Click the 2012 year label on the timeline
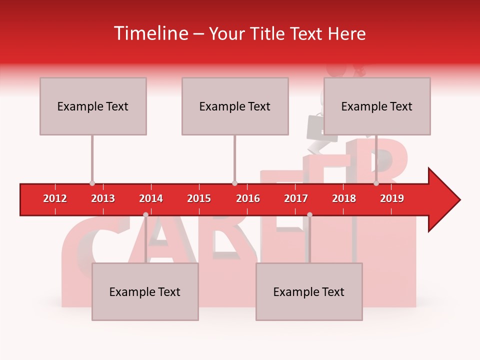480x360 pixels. pos(55,198)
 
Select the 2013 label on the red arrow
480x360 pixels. pos(103,198)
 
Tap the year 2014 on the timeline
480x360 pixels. pos(151,198)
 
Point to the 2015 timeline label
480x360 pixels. pos(199,198)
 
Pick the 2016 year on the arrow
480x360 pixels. pos(248,198)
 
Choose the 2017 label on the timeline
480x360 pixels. pos(296,198)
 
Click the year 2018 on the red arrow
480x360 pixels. pos(344,198)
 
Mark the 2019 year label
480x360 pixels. pos(392,198)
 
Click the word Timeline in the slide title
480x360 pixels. pos(150,33)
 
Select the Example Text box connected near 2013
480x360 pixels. pos(93,106)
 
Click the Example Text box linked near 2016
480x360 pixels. pos(235,106)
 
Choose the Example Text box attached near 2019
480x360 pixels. pos(377,106)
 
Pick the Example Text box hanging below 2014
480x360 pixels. pos(145,291)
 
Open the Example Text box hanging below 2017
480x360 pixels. pos(309,291)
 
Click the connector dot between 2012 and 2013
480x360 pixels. pos(92,183)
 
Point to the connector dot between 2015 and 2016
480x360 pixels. pos(234,183)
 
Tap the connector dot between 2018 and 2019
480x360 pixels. pos(376,183)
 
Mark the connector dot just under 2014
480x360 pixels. pos(145,214)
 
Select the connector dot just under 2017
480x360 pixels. pos(309,214)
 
